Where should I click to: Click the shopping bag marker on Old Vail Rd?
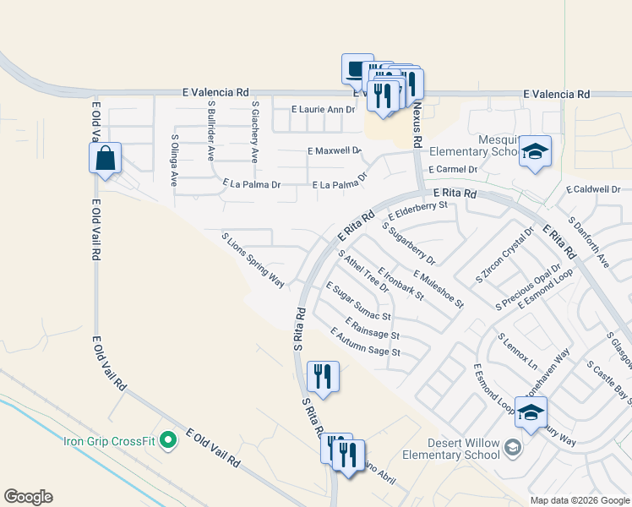point(105,159)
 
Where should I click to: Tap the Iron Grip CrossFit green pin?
point(168,439)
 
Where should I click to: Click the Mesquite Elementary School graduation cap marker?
point(535,152)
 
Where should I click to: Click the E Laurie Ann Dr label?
point(323,110)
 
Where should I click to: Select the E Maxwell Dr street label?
point(335,151)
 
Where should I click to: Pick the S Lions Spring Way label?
point(253,261)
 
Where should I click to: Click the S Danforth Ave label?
point(589,243)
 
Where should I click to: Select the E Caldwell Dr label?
point(594,190)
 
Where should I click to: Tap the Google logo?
point(28,497)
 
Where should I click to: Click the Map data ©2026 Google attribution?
point(579,500)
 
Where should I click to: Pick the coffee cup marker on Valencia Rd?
point(357,69)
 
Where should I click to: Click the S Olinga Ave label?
point(174,160)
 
